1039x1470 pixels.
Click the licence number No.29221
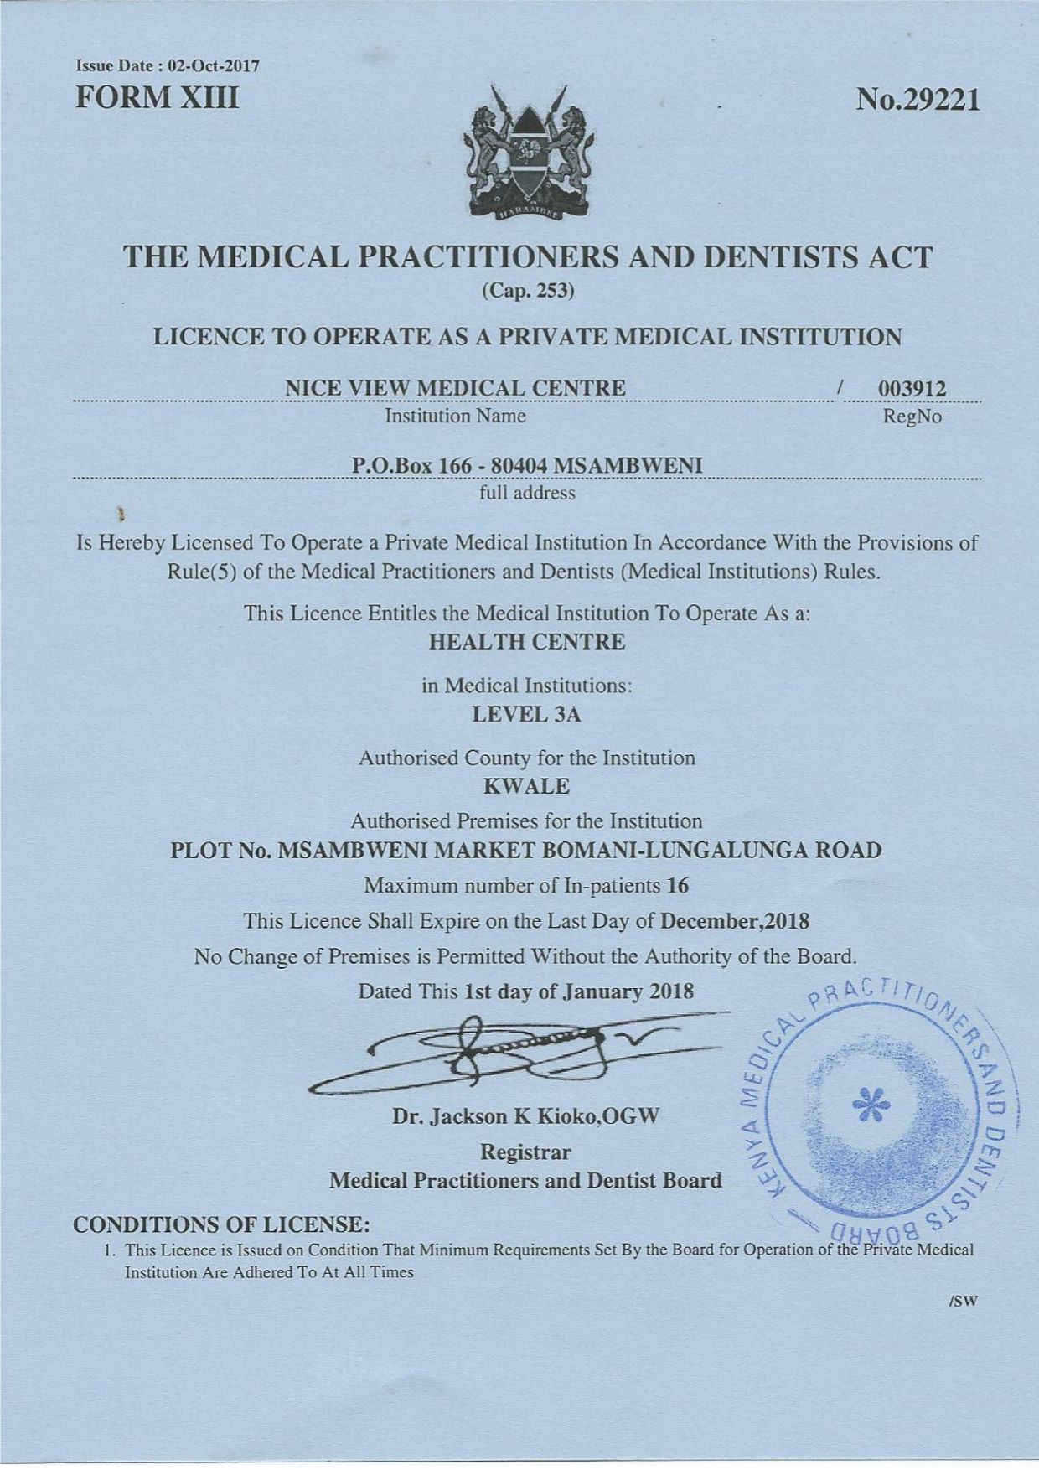[x=917, y=101]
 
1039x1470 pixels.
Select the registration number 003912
[x=912, y=389]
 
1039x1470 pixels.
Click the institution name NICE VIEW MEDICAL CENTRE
[x=456, y=388]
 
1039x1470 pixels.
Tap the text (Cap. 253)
[x=527, y=291]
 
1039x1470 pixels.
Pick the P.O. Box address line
[x=527, y=466]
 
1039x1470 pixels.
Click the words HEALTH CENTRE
[x=526, y=643]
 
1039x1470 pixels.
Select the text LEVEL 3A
[x=526, y=715]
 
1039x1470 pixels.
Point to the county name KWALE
[x=527, y=787]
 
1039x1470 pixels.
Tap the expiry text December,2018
[x=735, y=921]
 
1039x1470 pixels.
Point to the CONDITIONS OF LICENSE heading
[x=222, y=1225]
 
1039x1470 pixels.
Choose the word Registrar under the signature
[x=526, y=1152]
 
